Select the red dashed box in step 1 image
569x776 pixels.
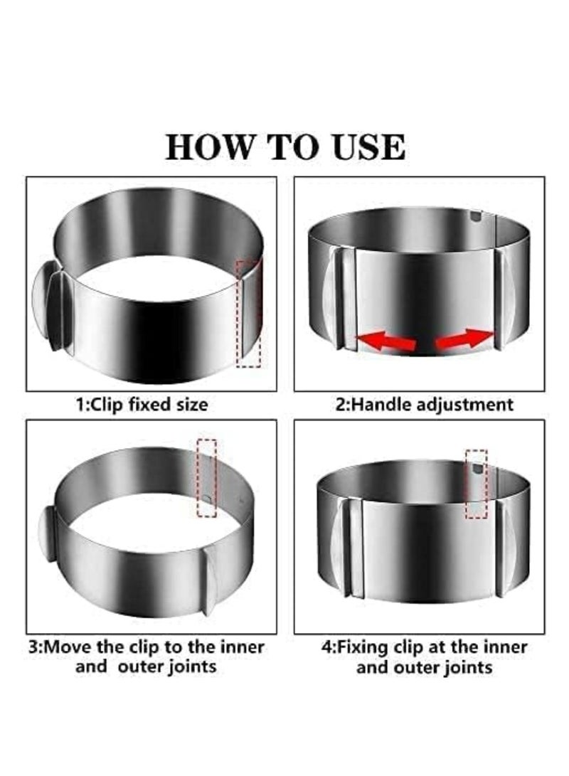(248, 313)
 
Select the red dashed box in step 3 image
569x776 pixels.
(206, 477)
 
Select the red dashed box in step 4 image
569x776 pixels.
(477, 484)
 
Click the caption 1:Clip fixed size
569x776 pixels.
(142, 405)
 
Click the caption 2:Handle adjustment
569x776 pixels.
(424, 405)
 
